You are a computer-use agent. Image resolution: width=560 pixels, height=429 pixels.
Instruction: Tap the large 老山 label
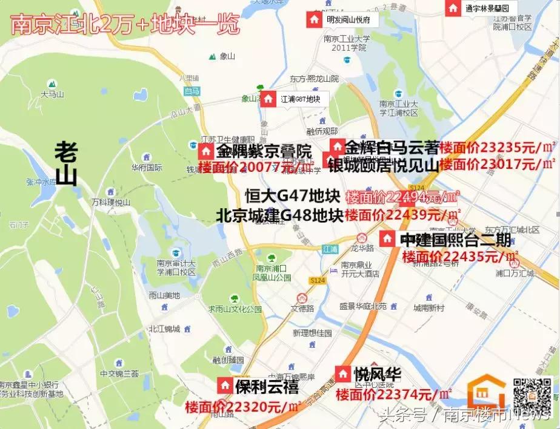pyautogui.click(x=68, y=162)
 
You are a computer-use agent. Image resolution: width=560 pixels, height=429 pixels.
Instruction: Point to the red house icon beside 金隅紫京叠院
pyautogui.click(x=206, y=151)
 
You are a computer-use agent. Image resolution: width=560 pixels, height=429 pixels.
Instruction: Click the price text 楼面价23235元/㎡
pyautogui.click(x=497, y=147)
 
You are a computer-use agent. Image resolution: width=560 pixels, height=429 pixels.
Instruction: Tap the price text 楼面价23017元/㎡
pyautogui.click(x=497, y=163)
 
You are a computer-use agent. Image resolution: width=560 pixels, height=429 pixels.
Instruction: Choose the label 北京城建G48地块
pyautogui.click(x=279, y=215)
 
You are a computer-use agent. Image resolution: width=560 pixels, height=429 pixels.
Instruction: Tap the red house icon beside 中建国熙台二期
pyautogui.click(x=387, y=239)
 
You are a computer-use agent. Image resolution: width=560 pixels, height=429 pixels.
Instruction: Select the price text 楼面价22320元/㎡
pyautogui.click(x=243, y=405)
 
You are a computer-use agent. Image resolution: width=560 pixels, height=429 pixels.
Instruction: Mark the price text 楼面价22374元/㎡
pyautogui.click(x=393, y=395)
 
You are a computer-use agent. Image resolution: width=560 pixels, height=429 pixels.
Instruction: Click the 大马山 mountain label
pyautogui.click(x=52, y=94)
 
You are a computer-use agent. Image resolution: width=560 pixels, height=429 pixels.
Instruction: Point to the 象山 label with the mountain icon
pyautogui.click(x=227, y=56)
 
